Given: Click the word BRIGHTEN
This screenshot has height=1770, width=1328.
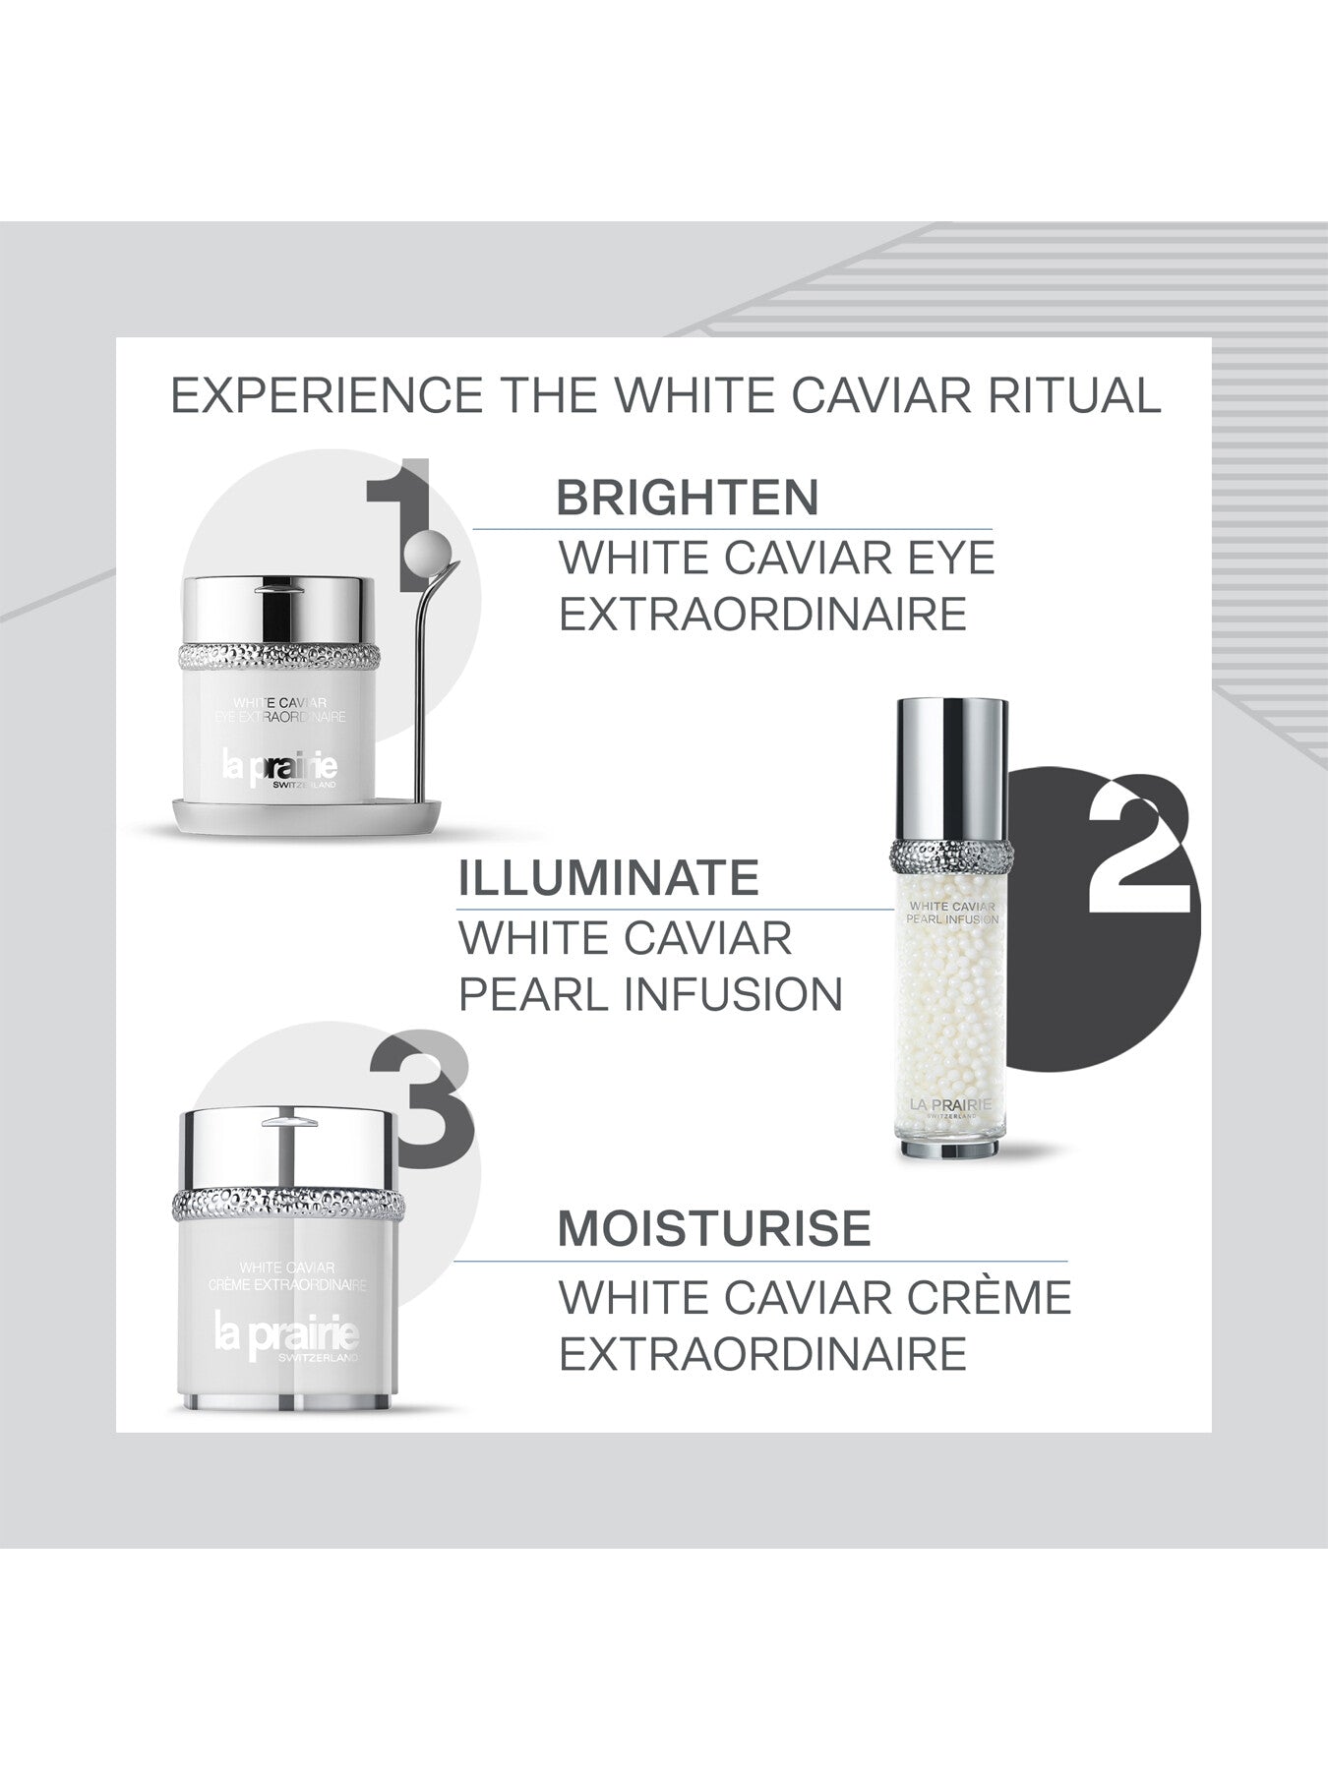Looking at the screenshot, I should pos(688,498).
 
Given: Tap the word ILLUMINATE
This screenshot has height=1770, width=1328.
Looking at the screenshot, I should pos(609,877).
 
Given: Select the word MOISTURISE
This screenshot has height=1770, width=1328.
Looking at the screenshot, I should pos(714,1229).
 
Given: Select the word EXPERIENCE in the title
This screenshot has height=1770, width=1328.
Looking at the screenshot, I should pos(328,395).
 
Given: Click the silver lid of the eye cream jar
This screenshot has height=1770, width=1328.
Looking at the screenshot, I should pos(279,611).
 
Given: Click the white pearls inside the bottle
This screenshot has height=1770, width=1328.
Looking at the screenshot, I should pos(950,1003).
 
